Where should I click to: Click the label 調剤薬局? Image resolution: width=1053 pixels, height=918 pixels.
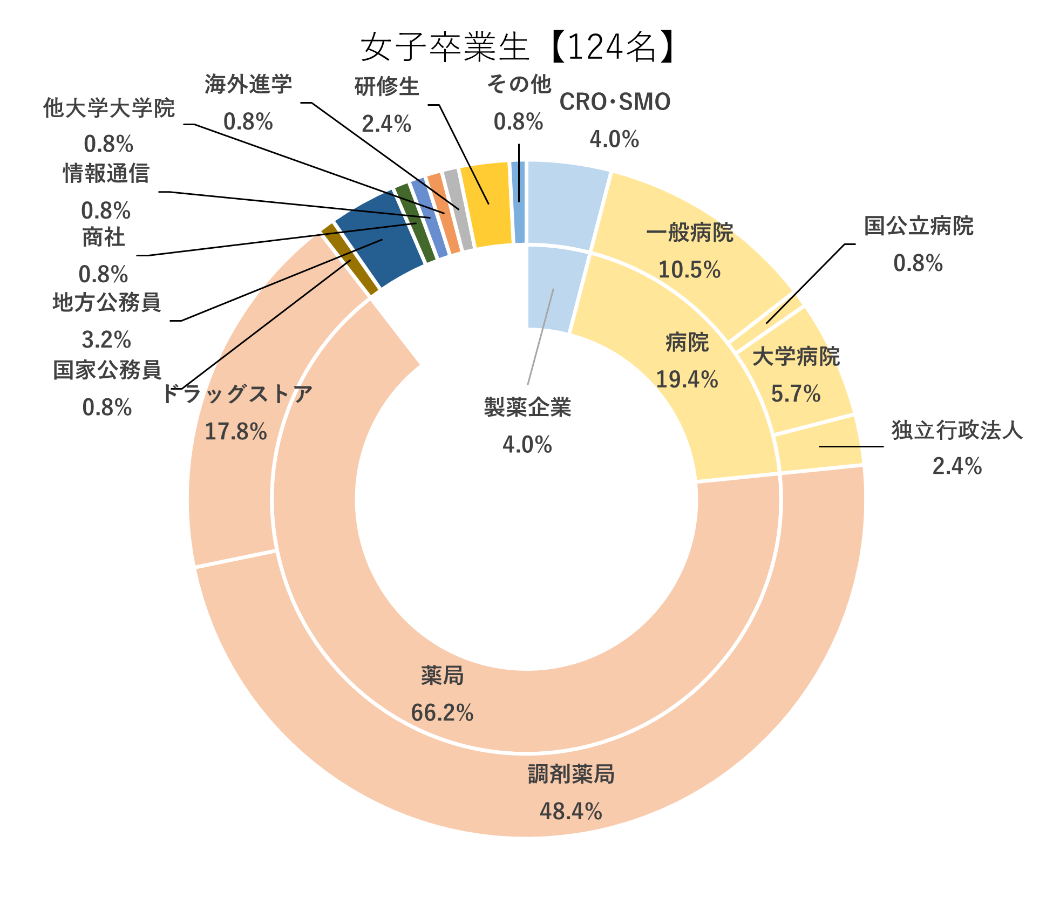click(571, 774)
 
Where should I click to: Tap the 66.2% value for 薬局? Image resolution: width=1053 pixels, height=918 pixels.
click(442, 713)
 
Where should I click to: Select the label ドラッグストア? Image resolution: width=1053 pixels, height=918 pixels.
click(236, 394)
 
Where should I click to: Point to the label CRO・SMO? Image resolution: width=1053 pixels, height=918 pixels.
click(615, 102)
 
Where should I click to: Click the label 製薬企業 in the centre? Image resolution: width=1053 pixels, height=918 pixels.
click(527, 407)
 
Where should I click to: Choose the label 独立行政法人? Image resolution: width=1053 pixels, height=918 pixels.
click(957, 431)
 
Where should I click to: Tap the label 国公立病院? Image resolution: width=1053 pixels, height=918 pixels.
click(919, 226)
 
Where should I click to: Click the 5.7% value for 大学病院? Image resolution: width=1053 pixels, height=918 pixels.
click(796, 393)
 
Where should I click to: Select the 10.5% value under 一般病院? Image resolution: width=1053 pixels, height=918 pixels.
click(689, 269)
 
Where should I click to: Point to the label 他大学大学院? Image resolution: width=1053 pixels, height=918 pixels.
click(109, 108)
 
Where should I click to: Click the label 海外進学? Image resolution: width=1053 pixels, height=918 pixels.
click(248, 85)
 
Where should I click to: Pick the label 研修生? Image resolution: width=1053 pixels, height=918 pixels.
click(386, 87)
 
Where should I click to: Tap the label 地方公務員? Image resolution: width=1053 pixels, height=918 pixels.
click(106, 303)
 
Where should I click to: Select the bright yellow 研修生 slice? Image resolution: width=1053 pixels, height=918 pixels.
click(486, 205)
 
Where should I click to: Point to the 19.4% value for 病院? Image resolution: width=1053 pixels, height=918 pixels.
click(687, 379)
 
